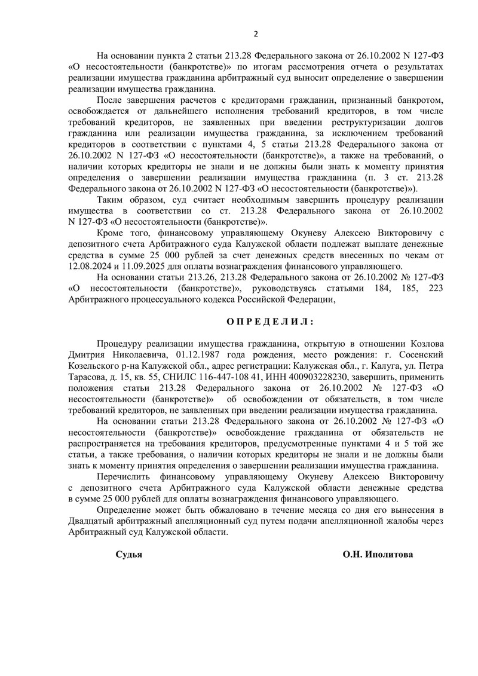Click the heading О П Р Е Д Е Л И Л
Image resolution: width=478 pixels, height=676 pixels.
click(x=269, y=321)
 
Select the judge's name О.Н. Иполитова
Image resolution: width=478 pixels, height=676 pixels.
click(x=377, y=554)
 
